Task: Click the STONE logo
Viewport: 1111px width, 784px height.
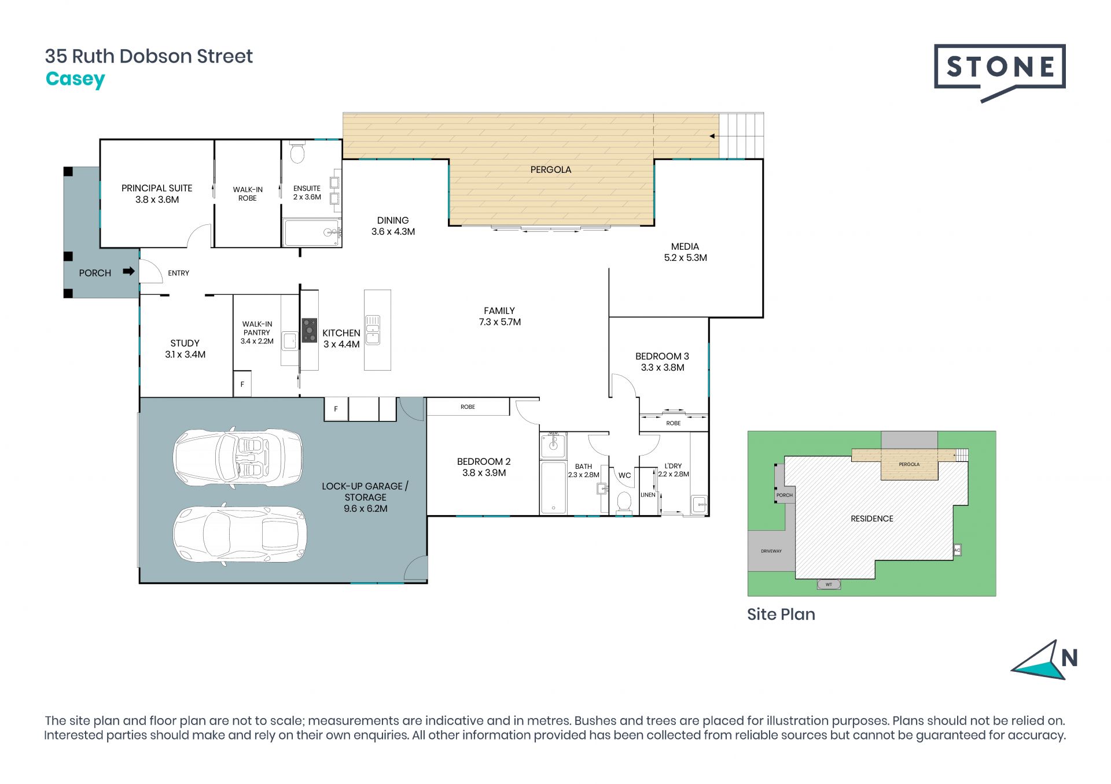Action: tap(999, 72)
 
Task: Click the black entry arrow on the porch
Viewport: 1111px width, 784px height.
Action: tap(129, 271)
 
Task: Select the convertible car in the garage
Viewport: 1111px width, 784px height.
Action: tap(238, 457)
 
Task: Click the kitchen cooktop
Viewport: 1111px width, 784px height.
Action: tap(310, 330)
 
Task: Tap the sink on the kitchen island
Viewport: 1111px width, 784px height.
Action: tap(373, 330)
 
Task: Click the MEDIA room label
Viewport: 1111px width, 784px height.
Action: tap(685, 246)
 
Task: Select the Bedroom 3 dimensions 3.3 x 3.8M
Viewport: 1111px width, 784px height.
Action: tap(663, 368)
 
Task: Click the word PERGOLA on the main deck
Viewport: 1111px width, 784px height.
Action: tap(551, 169)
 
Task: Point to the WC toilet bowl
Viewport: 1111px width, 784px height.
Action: tap(624, 501)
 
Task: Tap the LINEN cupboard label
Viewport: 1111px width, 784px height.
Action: tap(648, 495)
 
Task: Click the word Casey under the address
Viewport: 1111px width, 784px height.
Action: tap(75, 79)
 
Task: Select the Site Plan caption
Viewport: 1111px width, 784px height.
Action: tap(781, 614)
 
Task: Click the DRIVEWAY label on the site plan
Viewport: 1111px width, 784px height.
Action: tap(771, 551)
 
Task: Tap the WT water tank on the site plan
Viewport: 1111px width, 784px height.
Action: tap(829, 585)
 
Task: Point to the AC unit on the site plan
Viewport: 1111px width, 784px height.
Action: tap(957, 550)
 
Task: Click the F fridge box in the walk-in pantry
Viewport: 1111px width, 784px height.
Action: tap(242, 384)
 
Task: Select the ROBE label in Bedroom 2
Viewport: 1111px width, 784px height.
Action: tap(468, 407)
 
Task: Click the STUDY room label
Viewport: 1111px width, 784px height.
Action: tap(185, 343)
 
